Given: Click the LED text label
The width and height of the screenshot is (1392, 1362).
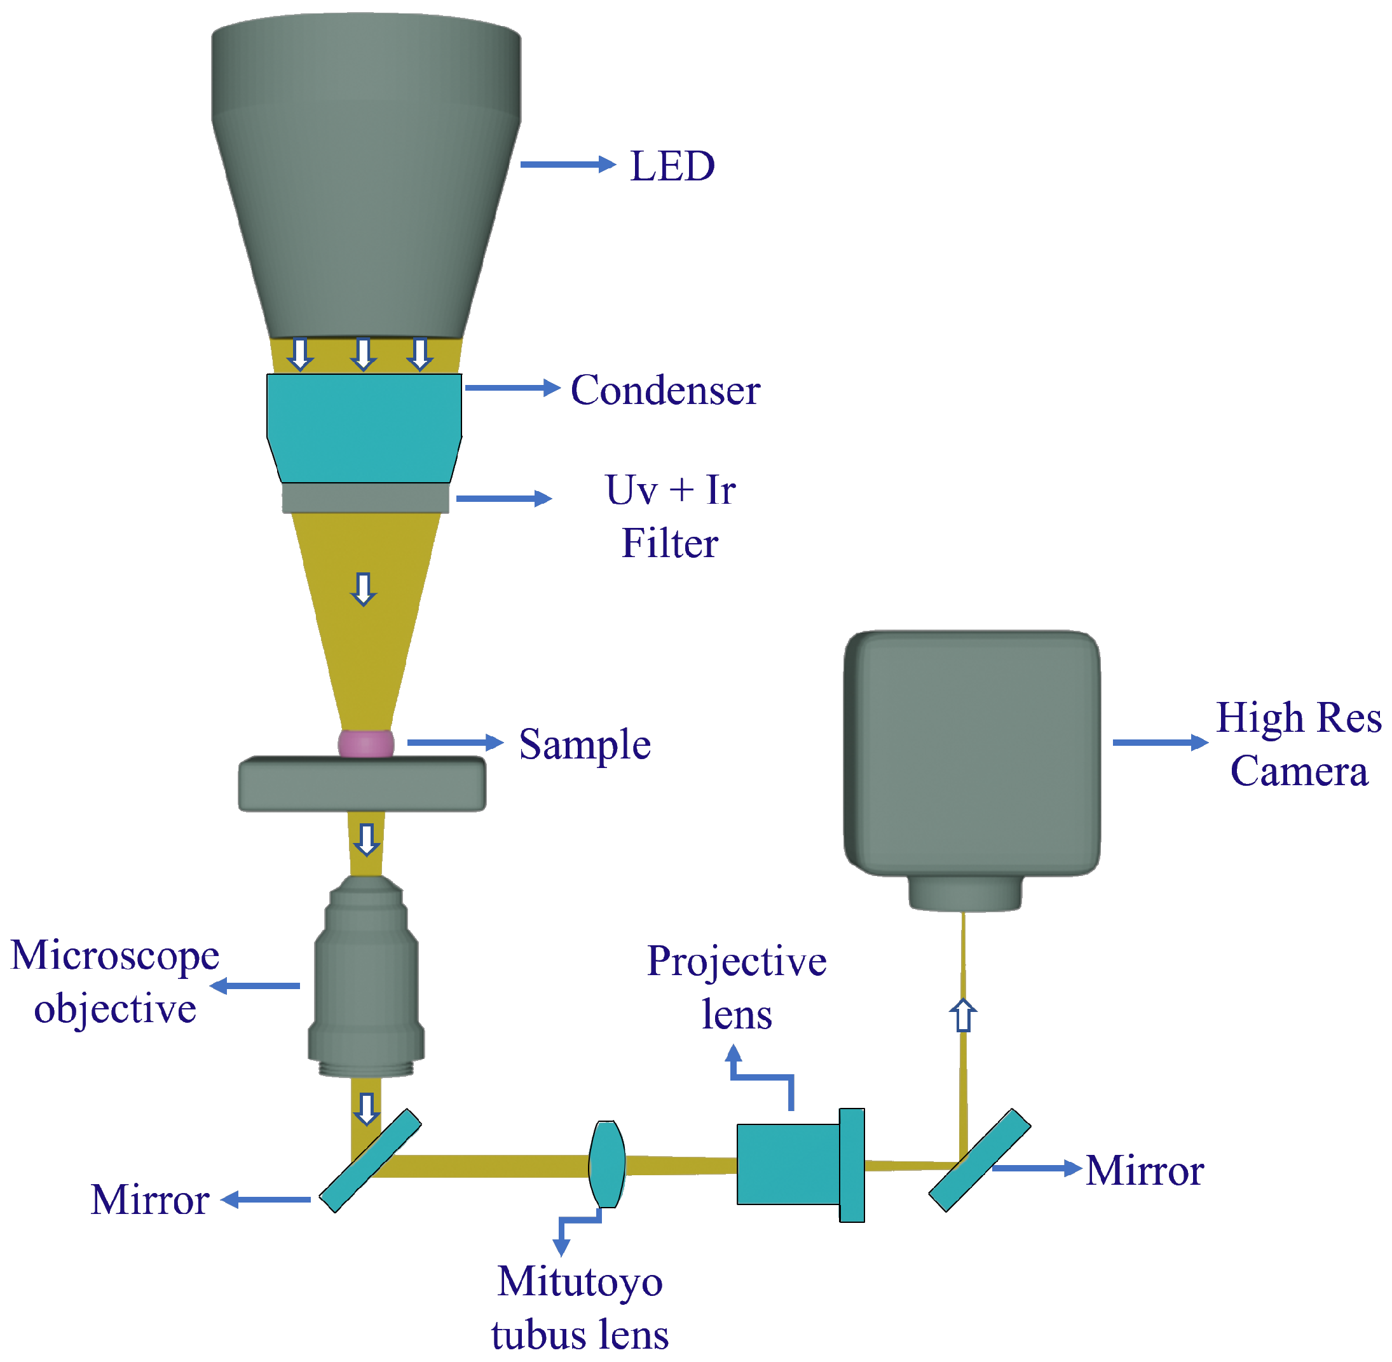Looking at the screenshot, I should pyautogui.click(x=672, y=166).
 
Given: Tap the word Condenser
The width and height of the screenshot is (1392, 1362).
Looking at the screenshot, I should pyautogui.click(x=665, y=390).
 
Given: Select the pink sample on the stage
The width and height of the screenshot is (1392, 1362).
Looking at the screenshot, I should pyautogui.click(x=365, y=743).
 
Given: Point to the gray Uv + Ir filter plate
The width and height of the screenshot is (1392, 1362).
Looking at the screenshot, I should pyautogui.click(x=365, y=499).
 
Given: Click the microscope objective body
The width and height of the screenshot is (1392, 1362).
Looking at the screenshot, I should pyautogui.click(x=365, y=980).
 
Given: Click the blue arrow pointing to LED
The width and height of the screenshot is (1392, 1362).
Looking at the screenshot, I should pyautogui.click(x=567, y=165).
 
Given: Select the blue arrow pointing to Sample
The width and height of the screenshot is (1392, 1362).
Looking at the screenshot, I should pyautogui.click(x=454, y=743).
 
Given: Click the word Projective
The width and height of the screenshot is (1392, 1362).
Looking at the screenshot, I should pyautogui.click(x=737, y=961).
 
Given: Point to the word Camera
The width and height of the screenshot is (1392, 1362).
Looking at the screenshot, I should pyautogui.click(x=1298, y=771).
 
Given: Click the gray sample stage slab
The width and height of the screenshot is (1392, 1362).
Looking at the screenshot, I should pyautogui.click(x=362, y=785).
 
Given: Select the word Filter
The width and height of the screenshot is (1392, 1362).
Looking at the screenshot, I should pyautogui.click(x=669, y=543).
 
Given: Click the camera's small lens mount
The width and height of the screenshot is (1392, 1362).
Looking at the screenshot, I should pyautogui.click(x=965, y=893).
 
